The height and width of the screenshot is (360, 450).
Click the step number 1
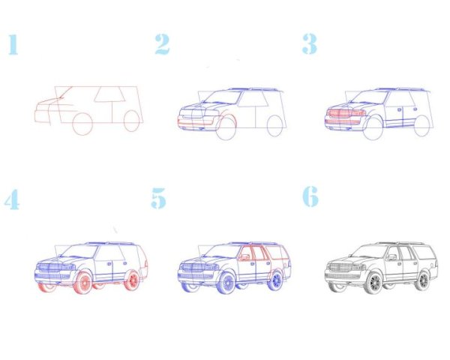click(x=13, y=44)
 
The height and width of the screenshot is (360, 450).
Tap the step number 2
click(x=163, y=44)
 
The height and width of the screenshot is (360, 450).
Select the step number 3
click(x=310, y=44)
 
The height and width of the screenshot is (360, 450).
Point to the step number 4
click(x=12, y=199)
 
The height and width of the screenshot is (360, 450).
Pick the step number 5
click(x=159, y=198)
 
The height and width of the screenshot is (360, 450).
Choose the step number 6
click(x=310, y=196)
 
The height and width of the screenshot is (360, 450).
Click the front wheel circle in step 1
click(x=82, y=124)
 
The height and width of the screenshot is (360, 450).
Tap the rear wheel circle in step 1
click(x=132, y=121)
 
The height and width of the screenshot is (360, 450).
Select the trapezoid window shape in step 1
click(x=110, y=94)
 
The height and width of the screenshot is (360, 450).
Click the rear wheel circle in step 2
click(x=275, y=126)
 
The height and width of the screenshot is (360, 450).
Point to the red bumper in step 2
click(x=196, y=122)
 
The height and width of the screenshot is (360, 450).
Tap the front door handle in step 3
click(x=399, y=110)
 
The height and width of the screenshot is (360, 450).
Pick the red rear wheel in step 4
click(x=133, y=280)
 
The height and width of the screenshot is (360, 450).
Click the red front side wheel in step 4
click(x=83, y=283)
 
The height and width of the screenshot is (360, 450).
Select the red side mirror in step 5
click(x=244, y=257)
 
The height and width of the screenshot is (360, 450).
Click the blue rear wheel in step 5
click(x=276, y=280)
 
